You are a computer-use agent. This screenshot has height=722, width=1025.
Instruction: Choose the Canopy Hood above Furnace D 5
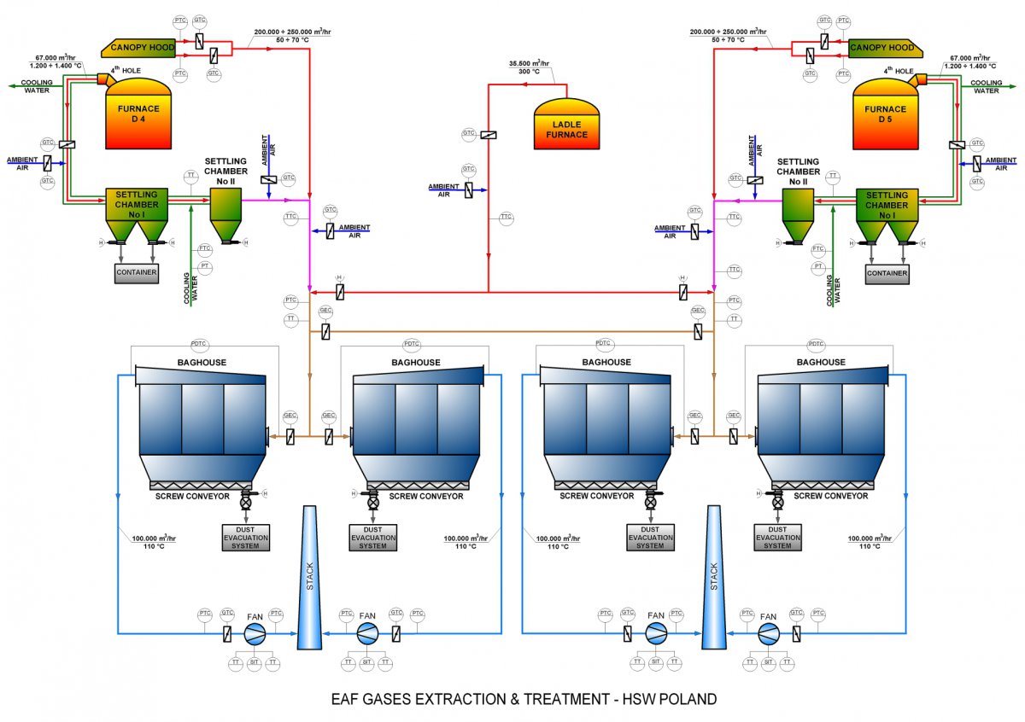click(882, 48)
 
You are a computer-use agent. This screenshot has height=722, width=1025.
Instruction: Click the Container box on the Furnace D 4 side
click(137, 273)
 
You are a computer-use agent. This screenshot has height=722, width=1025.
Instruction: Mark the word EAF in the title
click(346, 700)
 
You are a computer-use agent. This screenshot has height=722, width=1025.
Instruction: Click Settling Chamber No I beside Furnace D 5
click(886, 206)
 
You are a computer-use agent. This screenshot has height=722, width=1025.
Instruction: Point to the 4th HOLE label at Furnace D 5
click(899, 70)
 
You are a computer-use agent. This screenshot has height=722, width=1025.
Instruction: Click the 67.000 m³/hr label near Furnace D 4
click(56, 57)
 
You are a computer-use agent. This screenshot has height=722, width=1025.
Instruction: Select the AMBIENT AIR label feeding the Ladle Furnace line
click(443, 190)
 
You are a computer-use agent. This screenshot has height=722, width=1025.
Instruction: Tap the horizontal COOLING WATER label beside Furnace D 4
click(37, 87)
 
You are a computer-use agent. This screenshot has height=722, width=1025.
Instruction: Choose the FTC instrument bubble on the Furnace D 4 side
click(205, 248)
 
